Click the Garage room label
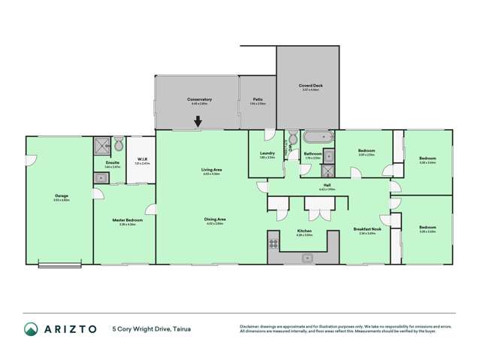pyautogui.click(x=61, y=196)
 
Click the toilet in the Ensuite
pyautogui.click(x=118, y=144)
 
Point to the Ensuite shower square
pyautogui.click(x=101, y=144)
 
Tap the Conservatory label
pyautogui.click(x=199, y=99)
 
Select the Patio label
pyautogui.click(x=257, y=99)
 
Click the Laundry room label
pyautogui.click(x=267, y=153)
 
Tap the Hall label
pyautogui.click(x=327, y=185)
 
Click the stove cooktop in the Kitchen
pyautogui.click(x=273, y=243)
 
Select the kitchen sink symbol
pyautogui.click(x=307, y=259)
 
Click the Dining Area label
pyautogui.click(x=215, y=219)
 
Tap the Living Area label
pyautogui.click(x=211, y=170)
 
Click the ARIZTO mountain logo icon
pyautogui.click(x=31, y=328)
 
